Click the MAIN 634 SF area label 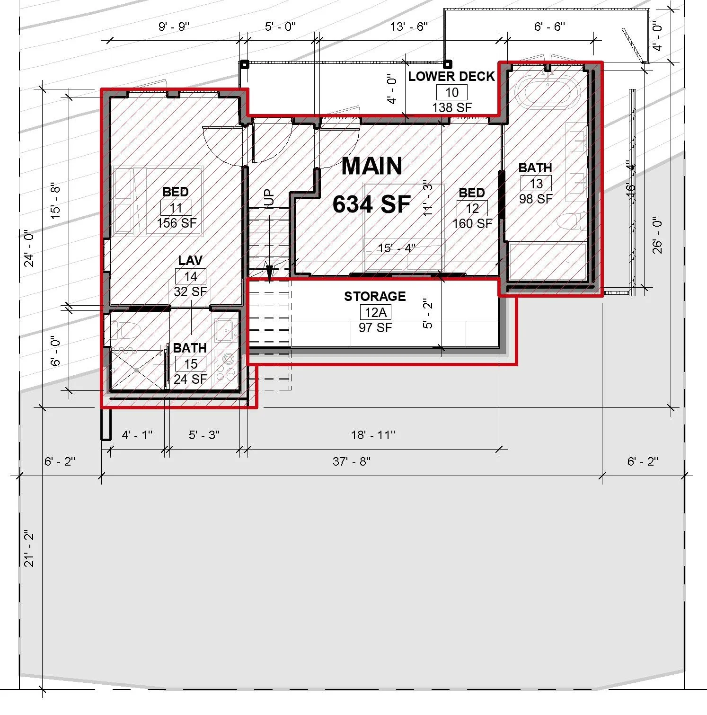point(371,185)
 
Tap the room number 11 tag point(176,208)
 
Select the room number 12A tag point(375,312)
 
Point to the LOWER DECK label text point(451,77)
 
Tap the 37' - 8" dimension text point(351,461)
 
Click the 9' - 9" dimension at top point(174,26)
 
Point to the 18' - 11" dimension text point(373,435)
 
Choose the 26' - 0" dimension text point(657,235)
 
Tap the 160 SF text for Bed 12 point(472,223)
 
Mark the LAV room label point(190,261)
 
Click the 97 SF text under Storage point(375,327)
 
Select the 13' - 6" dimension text point(409,26)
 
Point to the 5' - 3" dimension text point(204,435)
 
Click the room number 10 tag point(452,92)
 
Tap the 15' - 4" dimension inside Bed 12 point(397,248)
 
